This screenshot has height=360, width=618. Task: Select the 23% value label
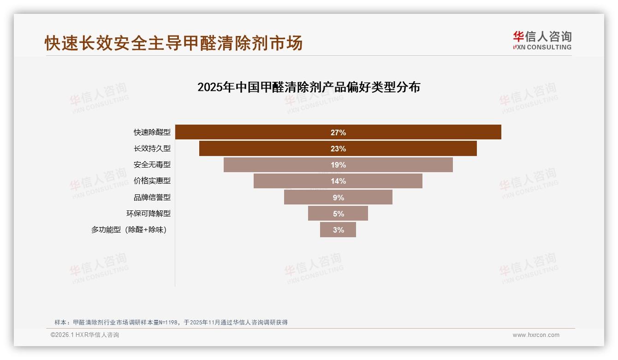(338, 149)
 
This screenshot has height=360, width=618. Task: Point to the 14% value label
(338, 181)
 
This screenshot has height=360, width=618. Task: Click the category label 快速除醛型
(152, 132)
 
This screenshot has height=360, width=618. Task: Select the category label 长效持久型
(152, 149)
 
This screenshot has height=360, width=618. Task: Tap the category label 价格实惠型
(152, 181)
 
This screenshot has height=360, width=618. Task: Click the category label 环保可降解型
(149, 213)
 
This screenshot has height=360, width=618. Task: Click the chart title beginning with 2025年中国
(309, 87)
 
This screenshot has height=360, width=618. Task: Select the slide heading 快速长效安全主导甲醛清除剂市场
(173, 43)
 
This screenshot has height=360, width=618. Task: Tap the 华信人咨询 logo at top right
(542, 40)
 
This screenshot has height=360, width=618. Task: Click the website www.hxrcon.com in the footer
(536, 335)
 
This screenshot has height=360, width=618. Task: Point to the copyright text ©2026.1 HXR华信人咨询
(85, 335)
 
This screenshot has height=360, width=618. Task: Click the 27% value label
(338, 132)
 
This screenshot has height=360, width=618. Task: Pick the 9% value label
(338, 198)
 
